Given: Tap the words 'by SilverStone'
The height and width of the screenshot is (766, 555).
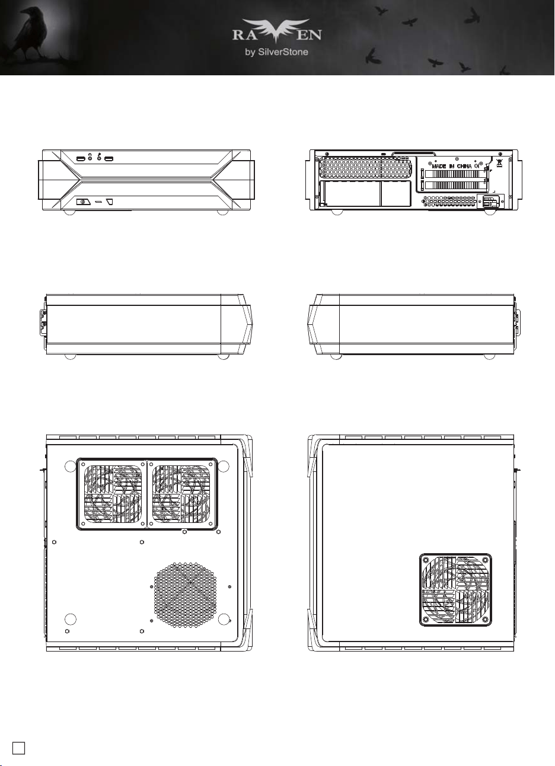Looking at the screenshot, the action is [x=277, y=52].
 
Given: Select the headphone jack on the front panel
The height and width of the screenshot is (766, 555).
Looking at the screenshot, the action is [x=90, y=158].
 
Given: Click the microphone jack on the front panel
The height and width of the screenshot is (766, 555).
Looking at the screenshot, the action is [x=100, y=158].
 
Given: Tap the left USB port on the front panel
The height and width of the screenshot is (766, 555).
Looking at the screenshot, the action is [x=81, y=159].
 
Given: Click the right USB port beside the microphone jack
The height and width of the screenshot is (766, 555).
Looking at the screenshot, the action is [x=109, y=159].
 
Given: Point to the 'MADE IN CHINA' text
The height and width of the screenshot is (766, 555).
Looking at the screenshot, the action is [x=452, y=166].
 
